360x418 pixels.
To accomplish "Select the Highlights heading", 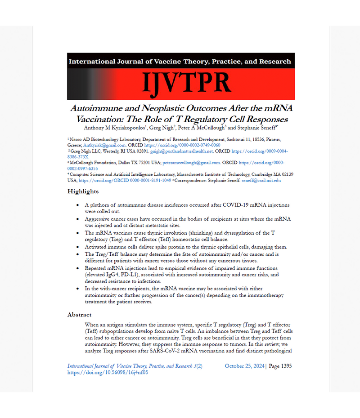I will tap(83, 191).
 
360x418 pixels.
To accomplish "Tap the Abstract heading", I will tap(80, 315).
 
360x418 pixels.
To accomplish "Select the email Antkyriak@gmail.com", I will tap(103, 146).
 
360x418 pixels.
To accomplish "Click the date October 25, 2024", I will tap(245, 366).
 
